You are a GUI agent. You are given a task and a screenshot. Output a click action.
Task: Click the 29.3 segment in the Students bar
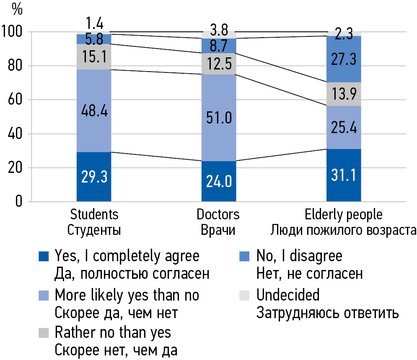(x=94, y=177)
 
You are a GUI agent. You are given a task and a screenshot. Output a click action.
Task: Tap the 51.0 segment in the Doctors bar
(x=218, y=118)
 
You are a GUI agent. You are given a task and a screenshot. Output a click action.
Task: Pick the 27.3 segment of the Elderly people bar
(x=343, y=59)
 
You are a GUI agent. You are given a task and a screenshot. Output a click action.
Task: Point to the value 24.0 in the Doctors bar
(x=218, y=181)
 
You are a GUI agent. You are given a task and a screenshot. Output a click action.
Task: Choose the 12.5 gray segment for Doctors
(x=218, y=64)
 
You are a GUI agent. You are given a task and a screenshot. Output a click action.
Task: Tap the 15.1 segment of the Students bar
(x=94, y=57)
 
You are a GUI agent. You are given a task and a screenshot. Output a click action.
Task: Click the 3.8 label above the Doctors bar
(x=218, y=30)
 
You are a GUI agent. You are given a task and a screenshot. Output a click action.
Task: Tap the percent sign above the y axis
(x=17, y=9)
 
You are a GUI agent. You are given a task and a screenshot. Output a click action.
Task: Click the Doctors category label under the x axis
(x=218, y=215)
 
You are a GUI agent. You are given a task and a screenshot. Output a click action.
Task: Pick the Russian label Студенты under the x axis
(x=94, y=231)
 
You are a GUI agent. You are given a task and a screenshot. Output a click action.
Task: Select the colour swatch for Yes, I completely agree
(x=44, y=256)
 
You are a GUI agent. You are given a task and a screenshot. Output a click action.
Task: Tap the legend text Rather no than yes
(x=113, y=332)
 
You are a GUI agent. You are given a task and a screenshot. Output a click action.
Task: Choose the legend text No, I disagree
(x=299, y=256)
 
